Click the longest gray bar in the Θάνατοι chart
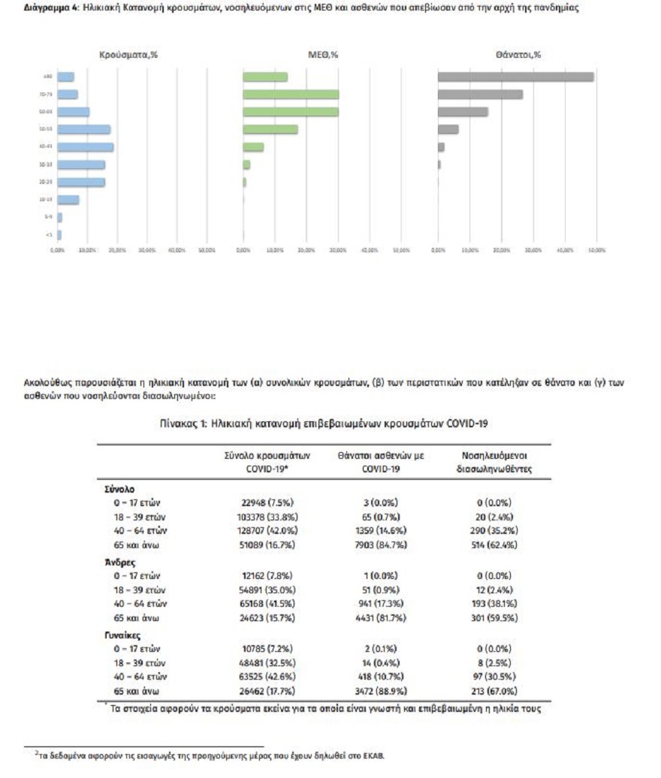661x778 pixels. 515,77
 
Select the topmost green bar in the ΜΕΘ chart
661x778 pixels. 265,77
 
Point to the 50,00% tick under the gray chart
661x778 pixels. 596,249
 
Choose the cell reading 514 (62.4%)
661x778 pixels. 493,544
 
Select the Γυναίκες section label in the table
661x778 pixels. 123,634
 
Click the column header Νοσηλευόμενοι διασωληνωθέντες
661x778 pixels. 494,463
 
